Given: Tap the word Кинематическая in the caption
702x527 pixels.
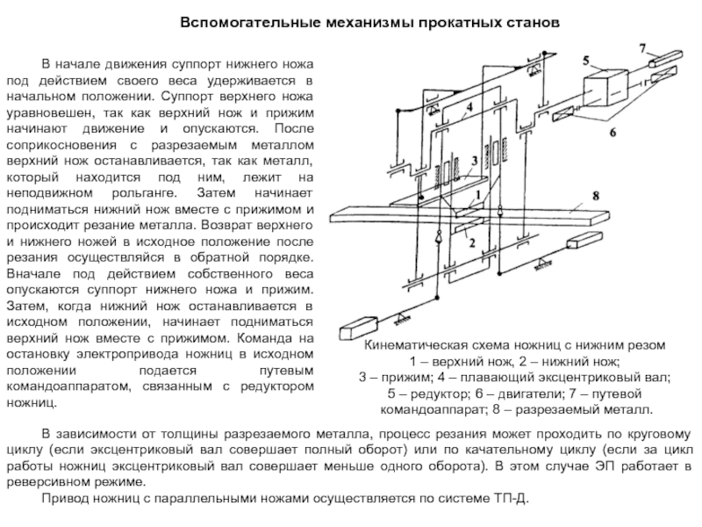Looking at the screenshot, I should click(x=410, y=346).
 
